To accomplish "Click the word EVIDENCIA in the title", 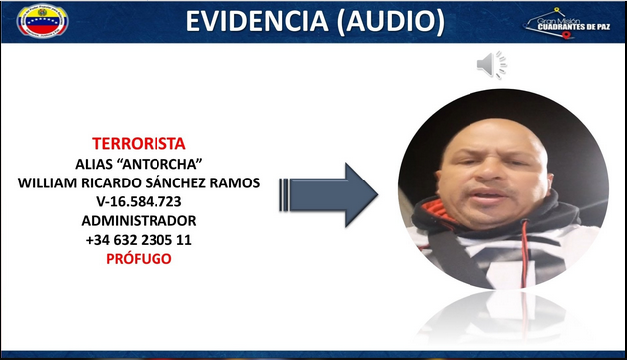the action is pos(257,21).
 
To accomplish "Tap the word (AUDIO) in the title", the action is pos(391,21).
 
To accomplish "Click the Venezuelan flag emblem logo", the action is pos(43,21).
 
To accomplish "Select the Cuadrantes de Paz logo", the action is pos(567,24).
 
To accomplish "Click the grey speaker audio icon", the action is pos(492,65).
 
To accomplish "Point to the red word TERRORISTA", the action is pos(139,144).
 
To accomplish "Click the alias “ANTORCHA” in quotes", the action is pos(161,164).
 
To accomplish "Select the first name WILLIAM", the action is pos(47,182).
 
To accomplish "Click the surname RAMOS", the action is pos(235,182).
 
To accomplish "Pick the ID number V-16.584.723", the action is pos(139,202).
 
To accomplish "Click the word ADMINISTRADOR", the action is pos(139,220).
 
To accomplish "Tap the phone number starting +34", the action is pos(139,240).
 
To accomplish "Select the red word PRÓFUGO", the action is pos(139,259).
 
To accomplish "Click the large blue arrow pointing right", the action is pos(328,195).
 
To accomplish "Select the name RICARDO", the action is pos(111,182).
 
